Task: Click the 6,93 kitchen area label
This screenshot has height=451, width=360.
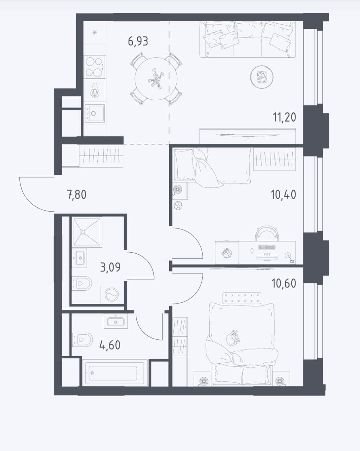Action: click(138, 41)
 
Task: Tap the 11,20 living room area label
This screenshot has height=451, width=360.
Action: click(284, 117)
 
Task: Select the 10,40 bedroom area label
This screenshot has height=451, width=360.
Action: click(283, 194)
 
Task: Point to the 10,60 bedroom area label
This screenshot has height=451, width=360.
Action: click(284, 283)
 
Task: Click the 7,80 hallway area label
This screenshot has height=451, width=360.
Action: click(77, 194)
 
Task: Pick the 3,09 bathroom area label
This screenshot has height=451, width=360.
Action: click(110, 267)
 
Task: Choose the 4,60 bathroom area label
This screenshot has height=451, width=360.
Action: click(110, 345)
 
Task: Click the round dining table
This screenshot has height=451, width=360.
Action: click(156, 79)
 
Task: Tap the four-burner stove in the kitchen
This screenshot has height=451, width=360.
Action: click(94, 67)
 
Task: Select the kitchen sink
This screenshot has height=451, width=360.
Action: click(94, 113)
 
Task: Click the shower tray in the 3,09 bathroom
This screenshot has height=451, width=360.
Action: click(86, 232)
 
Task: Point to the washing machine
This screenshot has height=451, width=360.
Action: click(112, 295)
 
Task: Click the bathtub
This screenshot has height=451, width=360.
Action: click(115, 373)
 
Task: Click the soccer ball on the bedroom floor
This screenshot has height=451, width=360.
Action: click(178, 205)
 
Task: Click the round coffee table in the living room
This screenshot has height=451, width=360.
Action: click(262, 77)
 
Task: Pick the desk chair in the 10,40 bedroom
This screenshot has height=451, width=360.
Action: click(267, 234)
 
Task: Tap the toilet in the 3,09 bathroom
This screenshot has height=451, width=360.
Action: click(82, 283)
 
